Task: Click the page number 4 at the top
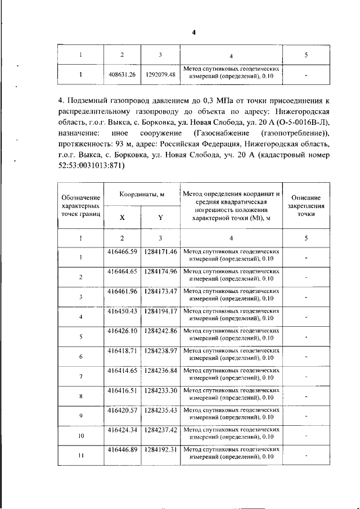click(x=193, y=32)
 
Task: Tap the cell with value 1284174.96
click(x=160, y=271)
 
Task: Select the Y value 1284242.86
click(x=160, y=331)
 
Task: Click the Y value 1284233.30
click(x=160, y=390)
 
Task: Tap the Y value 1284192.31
click(x=160, y=450)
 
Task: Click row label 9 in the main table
click(x=81, y=416)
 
